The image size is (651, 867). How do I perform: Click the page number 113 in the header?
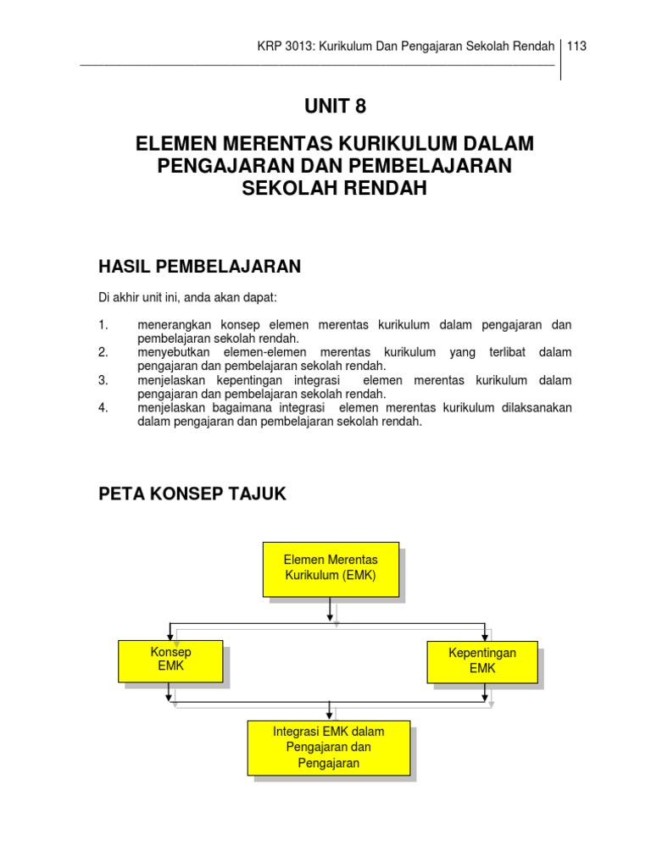tap(577, 46)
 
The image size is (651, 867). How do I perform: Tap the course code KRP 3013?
tap(285, 46)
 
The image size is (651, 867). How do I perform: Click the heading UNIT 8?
tap(335, 107)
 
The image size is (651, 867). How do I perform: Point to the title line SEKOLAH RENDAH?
tap(335, 188)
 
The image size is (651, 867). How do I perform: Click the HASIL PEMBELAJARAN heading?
tap(200, 268)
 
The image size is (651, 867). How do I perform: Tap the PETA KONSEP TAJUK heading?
tap(192, 494)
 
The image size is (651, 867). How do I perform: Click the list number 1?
tap(103, 325)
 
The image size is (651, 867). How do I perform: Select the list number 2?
tap(103, 352)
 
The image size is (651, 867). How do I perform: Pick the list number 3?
tap(103, 380)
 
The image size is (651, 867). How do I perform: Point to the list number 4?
tap(103, 408)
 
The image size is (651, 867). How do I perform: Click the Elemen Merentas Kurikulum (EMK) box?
tap(331, 568)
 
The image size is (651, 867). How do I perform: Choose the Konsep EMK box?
tap(171, 660)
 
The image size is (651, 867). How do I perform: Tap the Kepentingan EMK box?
tap(481, 660)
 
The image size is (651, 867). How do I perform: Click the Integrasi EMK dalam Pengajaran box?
tap(329, 747)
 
